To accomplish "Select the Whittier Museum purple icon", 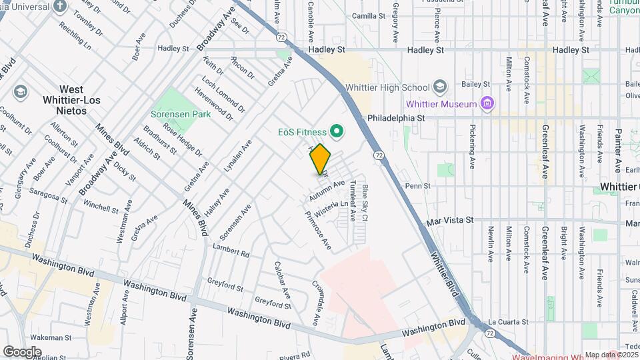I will (488, 104).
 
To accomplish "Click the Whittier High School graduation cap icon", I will (439, 87).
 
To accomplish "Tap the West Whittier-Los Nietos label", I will (62, 100).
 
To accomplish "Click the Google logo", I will (22, 351).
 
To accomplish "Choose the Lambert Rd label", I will (231, 254).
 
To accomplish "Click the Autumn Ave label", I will (327, 189).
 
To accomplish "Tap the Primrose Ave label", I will (318, 230).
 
